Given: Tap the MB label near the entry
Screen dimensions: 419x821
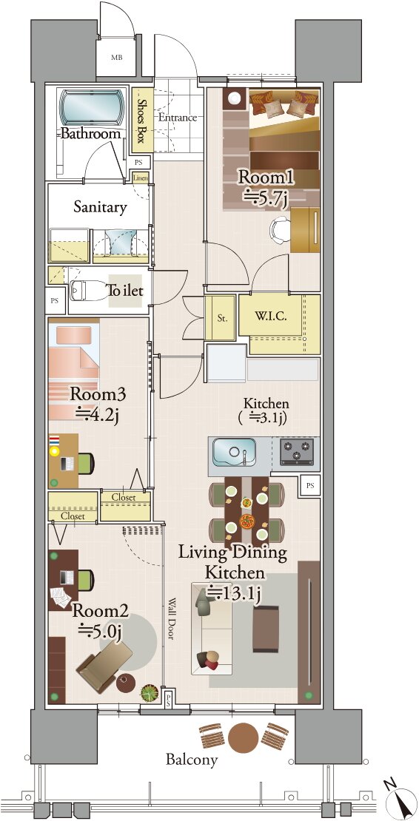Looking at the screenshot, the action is pos(116,57).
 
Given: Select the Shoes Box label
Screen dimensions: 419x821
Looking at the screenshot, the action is pos(141,121).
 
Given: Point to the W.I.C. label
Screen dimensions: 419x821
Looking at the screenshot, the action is pos(270,317).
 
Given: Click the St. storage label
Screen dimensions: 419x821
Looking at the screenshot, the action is pos(222,319).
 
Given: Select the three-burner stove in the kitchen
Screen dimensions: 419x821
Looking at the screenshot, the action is pos(296,451).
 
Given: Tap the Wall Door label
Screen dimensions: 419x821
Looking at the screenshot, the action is pos(172,619).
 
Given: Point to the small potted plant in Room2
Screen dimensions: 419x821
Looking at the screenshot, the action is pos(150,692).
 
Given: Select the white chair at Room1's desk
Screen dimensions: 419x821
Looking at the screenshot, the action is pos(281,230).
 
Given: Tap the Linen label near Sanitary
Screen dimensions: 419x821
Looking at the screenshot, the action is pos(141,178).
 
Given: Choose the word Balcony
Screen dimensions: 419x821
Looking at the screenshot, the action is pos(192,760).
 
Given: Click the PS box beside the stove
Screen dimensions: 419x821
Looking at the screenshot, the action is pos(311,486).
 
